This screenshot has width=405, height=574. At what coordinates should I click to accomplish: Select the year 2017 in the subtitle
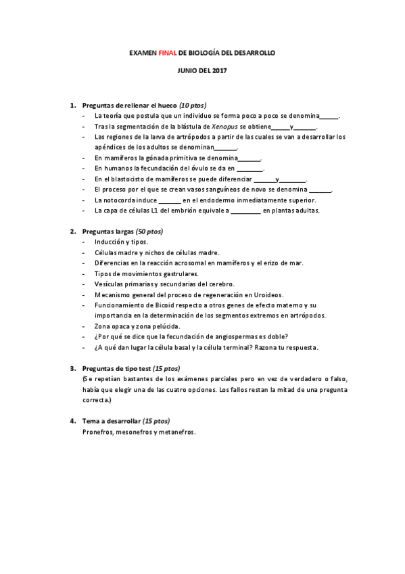(219, 70)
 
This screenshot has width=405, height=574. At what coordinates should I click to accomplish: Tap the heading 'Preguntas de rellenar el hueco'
(130, 106)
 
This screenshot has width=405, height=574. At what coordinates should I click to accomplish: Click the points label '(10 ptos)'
(193, 106)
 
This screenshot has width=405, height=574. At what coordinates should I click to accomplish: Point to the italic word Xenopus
(224, 126)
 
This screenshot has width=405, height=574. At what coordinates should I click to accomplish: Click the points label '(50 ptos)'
(149, 231)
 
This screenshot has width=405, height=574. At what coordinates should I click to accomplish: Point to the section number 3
(73, 368)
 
